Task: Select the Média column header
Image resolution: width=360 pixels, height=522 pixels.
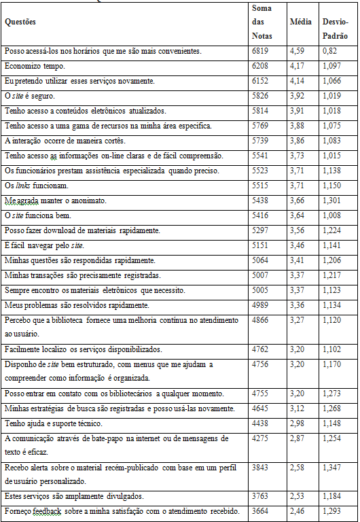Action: (x=300, y=22)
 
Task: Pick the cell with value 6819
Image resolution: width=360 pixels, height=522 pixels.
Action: (x=260, y=51)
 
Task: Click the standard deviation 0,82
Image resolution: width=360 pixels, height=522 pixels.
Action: (x=330, y=51)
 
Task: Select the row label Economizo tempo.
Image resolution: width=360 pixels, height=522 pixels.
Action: (x=35, y=66)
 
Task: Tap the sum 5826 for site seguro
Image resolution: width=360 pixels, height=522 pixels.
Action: (x=260, y=96)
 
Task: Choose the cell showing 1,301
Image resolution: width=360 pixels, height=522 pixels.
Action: (x=333, y=201)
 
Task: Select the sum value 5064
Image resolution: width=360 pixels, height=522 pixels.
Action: (x=260, y=260)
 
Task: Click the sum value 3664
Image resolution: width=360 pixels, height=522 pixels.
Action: (x=260, y=510)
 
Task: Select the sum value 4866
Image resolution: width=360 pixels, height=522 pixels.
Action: (x=260, y=319)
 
